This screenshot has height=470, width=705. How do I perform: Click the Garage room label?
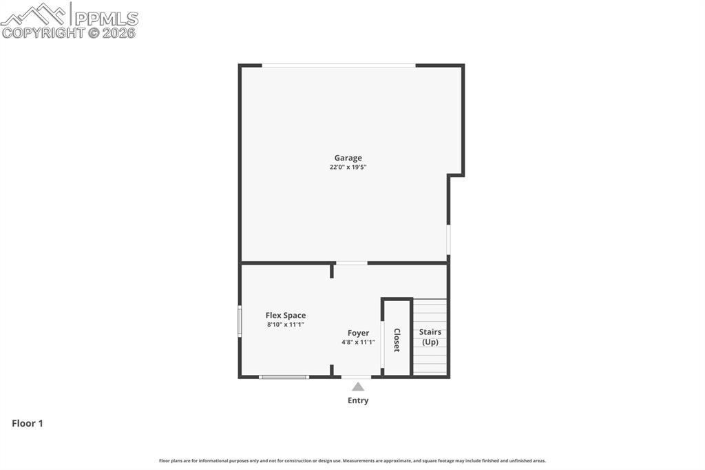(x=348, y=158)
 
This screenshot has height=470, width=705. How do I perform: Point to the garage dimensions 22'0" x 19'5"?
(x=348, y=167)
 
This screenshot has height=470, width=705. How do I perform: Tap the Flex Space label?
(x=286, y=316)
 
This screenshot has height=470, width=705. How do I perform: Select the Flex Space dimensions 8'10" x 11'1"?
(x=286, y=325)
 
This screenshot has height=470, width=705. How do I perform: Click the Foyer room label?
(x=358, y=333)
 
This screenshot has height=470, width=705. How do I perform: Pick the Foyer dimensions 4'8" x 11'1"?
(x=358, y=343)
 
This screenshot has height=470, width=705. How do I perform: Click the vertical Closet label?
(x=397, y=340)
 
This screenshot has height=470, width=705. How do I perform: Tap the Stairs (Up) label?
(x=430, y=337)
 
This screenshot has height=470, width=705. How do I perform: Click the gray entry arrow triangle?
(x=358, y=387)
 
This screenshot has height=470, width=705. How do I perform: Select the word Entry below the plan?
(x=358, y=400)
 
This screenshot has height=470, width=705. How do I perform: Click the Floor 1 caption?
(x=28, y=424)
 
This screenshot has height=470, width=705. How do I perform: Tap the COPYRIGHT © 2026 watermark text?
(x=69, y=32)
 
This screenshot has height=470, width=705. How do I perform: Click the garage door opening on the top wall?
(x=338, y=65)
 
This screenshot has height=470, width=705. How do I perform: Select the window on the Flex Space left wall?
(x=240, y=320)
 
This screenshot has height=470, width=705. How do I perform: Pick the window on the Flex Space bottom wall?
(x=284, y=377)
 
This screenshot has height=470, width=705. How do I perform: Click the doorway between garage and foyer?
(x=351, y=263)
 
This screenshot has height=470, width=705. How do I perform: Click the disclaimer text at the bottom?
(x=352, y=460)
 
